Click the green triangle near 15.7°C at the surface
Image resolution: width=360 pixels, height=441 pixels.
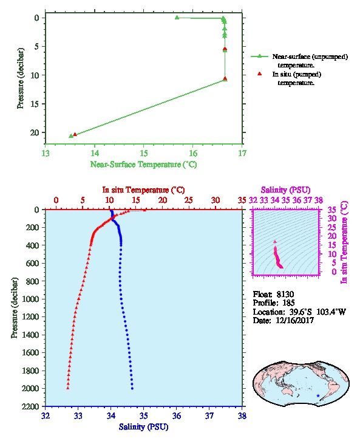(177, 18)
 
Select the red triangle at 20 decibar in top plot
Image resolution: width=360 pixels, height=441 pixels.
(75, 134)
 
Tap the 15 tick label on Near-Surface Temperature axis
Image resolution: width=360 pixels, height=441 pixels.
(144, 153)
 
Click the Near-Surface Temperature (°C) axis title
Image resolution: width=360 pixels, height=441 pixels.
(144, 165)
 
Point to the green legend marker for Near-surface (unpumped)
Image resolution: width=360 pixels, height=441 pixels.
(260, 56)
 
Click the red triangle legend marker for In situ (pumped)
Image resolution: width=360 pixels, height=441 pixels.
(260, 73)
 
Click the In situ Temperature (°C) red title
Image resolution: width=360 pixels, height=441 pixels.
(143, 190)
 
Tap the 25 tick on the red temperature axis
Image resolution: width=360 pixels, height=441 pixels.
(189, 200)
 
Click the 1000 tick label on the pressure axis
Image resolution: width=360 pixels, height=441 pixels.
(32, 299)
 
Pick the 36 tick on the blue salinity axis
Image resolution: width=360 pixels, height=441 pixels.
(177, 415)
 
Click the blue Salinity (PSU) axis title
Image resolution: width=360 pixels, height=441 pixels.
(144, 427)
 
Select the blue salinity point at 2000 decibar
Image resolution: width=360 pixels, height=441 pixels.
(132, 388)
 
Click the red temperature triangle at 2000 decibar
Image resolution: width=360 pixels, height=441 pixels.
(68, 388)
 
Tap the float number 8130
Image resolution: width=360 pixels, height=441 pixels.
(285, 295)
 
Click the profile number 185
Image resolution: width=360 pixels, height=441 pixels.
(288, 303)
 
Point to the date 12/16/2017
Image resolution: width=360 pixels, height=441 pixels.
(294, 320)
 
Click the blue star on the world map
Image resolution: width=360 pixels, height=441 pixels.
(318, 395)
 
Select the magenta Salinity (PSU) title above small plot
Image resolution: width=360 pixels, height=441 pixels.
(285, 190)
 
